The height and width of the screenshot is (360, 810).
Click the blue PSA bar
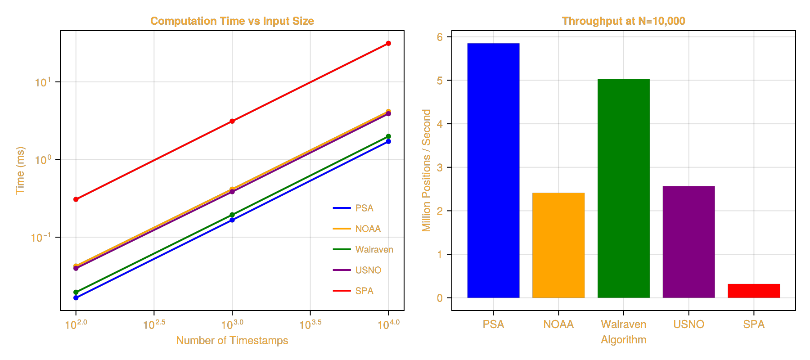(x=493, y=171)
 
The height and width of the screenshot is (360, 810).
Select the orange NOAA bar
(x=558, y=245)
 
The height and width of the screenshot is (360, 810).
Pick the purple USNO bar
(x=688, y=242)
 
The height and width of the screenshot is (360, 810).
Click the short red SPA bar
(x=754, y=291)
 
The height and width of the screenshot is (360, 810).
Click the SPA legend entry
(x=364, y=291)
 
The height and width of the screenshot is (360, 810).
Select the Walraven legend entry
(x=374, y=249)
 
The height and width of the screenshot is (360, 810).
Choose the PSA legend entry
(x=364, y=208)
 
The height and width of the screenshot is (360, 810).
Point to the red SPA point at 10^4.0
(x=388, y=43)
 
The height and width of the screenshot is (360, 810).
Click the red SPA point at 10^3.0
(x=232, y=121)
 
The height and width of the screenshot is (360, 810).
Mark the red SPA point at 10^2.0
(x=76, y=199)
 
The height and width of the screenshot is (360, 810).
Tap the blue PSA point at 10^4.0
(x=388, y=142)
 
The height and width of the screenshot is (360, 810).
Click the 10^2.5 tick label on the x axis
(x=154, y=324)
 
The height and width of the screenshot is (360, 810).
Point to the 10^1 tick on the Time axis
(x=43, y=82)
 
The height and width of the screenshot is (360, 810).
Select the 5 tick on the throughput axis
(x=440, y=81)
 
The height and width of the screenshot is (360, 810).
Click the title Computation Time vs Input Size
(x=232, y=21)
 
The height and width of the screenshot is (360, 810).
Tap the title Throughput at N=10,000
(x=624, y=21)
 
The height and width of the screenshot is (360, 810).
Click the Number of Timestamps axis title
(x=232, y=340)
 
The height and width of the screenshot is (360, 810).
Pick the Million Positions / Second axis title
(x=426, y=170)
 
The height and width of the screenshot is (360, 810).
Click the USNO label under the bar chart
(x=688, y=324)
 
